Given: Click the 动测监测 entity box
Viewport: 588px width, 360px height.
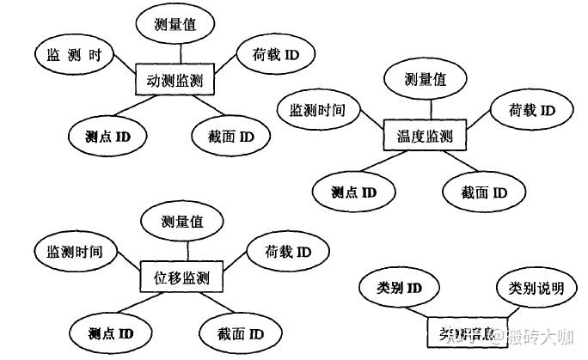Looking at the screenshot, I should (175, 82).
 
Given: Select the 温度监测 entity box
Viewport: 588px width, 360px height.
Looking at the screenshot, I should (419, 136).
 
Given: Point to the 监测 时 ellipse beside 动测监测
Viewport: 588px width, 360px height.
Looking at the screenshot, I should (74, 56).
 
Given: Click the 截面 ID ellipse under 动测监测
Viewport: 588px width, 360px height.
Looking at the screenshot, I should (228, 136).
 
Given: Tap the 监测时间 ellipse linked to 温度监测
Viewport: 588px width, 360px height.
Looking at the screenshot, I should (317, 110).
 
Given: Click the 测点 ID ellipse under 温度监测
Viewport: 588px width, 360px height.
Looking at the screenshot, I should (353, 191).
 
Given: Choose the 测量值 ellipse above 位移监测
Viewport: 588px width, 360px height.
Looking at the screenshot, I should (181, 222).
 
